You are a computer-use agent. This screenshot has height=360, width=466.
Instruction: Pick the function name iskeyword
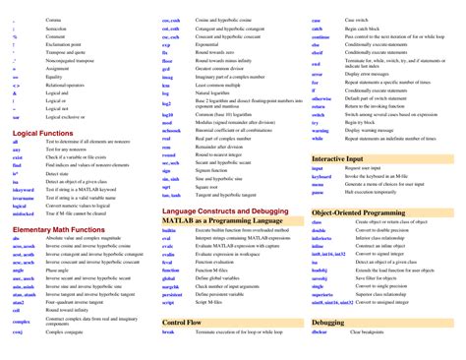pyautogui.click(x=24, y=190)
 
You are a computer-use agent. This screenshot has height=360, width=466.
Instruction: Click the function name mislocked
pyautogui.click(x=23, y=212)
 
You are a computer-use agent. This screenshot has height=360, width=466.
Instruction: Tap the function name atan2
pyautogui.click(x=18, y=301)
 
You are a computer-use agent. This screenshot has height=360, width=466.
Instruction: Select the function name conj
pyautogui.click(x=17, y=332)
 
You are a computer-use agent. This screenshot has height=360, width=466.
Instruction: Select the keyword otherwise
pyautogui.click(x=321, y=98)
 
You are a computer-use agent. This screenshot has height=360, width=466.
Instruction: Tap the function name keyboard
pyautogui.click(x=321, y=176)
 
